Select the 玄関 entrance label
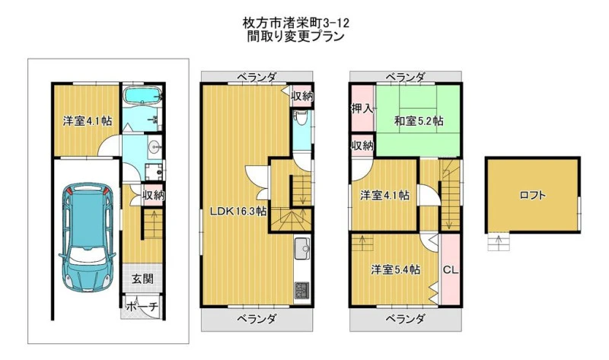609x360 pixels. click(142, 279)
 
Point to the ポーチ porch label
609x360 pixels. click(142, 307)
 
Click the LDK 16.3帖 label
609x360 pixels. click(238, 212)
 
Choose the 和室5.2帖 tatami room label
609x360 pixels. click(419, 121)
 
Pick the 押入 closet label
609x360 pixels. click(362, 109)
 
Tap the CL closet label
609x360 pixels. click(451, 269)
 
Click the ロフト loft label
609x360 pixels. click(532, 195)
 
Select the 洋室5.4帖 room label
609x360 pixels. click(395, 269)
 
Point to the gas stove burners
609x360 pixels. click(301, 291)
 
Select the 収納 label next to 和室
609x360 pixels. click(362, 145)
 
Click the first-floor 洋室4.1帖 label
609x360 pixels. click(88, 121)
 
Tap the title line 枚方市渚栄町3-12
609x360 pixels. click(296, 23)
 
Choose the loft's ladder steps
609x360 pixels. click(499, 241)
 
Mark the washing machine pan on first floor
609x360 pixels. click(155, 171)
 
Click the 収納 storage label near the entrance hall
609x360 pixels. click(153, 195)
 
